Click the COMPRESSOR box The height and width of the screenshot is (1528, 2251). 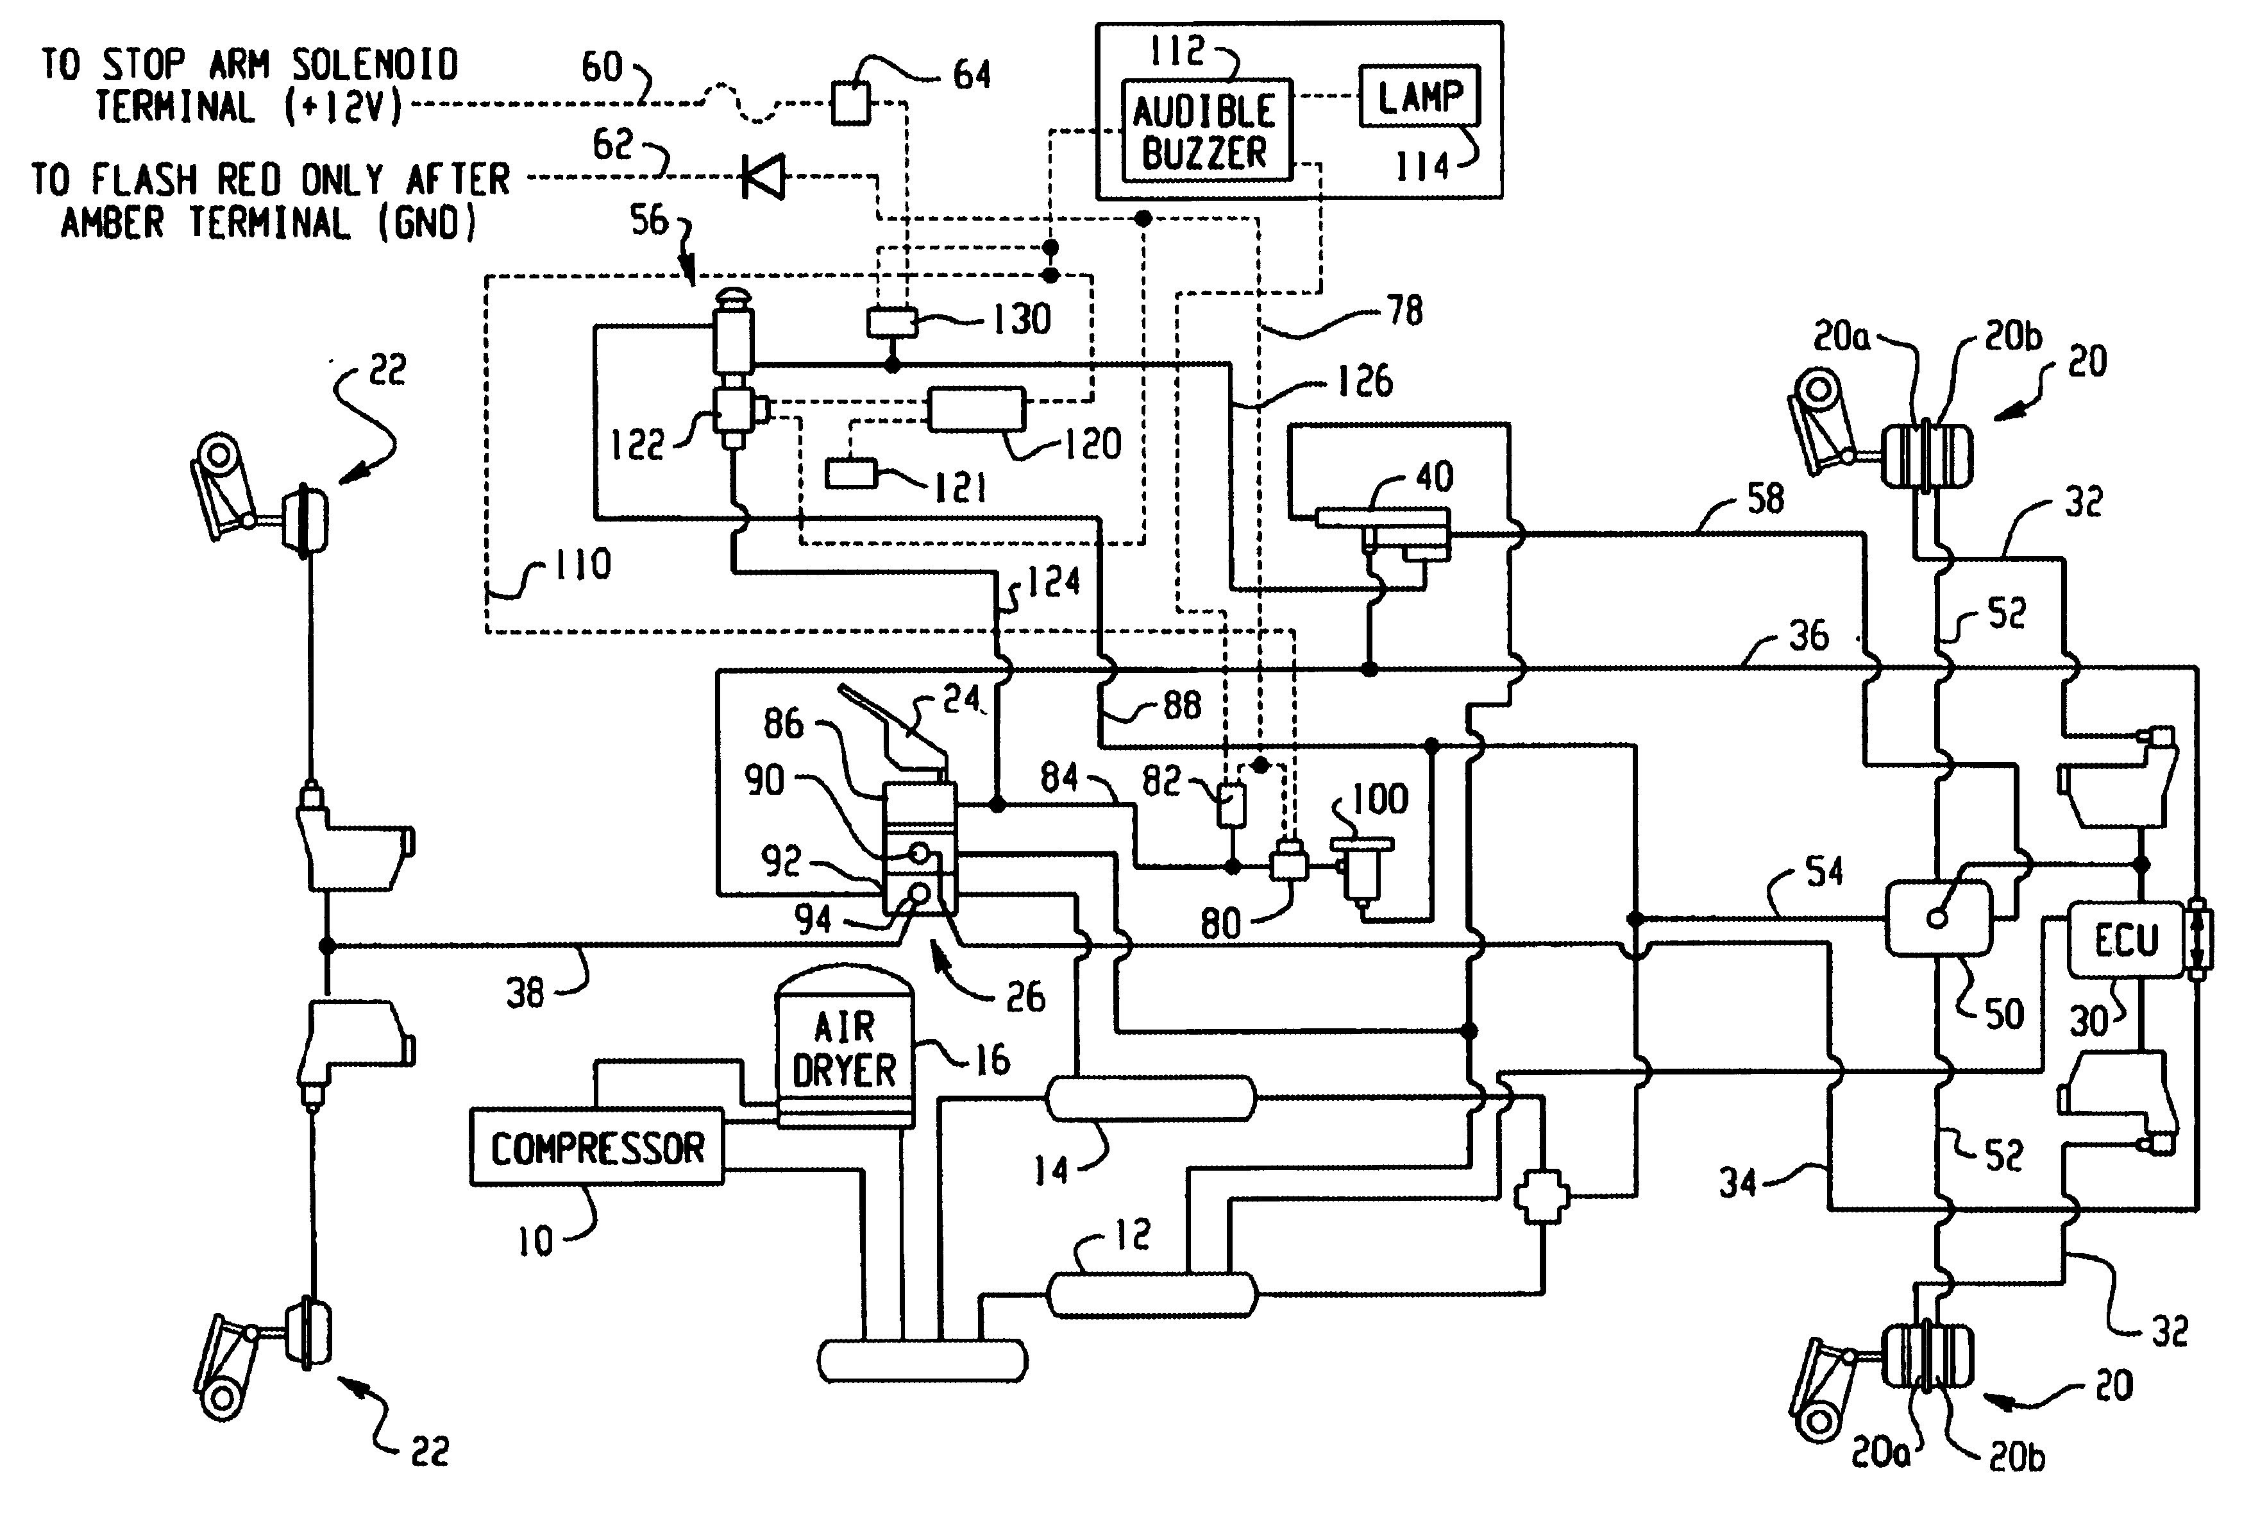pyautogui.click(x=596, y=1147)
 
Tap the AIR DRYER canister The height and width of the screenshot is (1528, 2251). pyautogui.click(x=845, y=1048)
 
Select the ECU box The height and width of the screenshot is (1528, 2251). pyautogui.click(x=2126, y=940)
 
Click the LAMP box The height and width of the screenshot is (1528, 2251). pyautogui.click(x=1420, y=96)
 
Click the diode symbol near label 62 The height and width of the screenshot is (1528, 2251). pyautogui.click(x=763, y=177)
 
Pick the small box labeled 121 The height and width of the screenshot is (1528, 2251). pyautogui.click(x=850, y=474)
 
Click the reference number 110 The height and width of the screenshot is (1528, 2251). pyautogui.click(x=583, y=564)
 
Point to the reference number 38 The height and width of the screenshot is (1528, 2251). pyautogui.click(x=525, y=992)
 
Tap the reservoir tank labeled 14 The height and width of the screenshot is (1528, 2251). pyautogui.click(x=1150, y=1099)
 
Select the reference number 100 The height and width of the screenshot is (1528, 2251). pyautogui.click(x=1380, y=799)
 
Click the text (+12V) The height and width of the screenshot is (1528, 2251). pyautogui.click(x=345, y=106)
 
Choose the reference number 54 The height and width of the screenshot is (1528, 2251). pyautogui.click(x=1824, y=871)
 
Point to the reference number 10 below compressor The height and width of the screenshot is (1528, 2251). pyautogui.click(x=535, y=1240)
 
